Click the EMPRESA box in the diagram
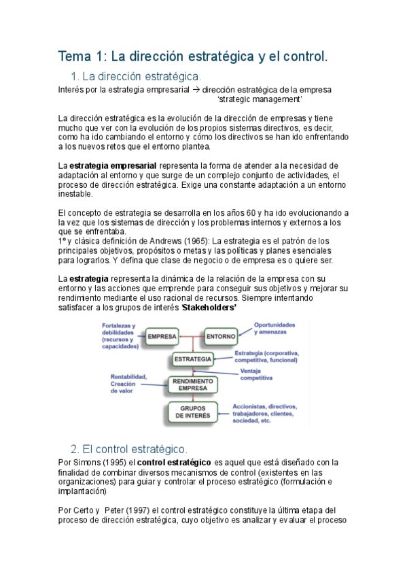point(162,336)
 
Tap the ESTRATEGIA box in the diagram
point(193,359)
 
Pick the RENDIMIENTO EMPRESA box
point(193,385)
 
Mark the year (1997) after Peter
point(139,510)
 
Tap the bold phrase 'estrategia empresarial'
point(113,165)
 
